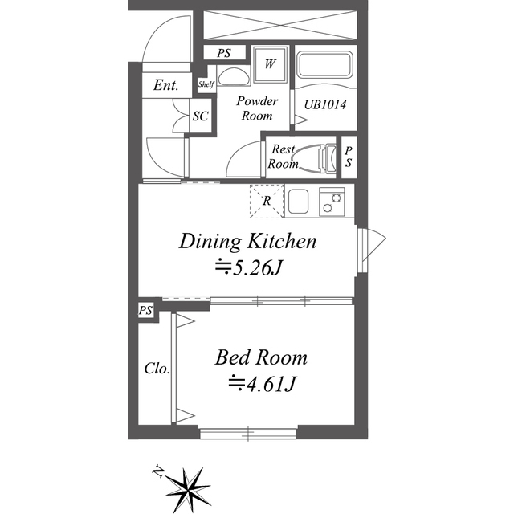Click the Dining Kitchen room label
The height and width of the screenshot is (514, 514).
248,242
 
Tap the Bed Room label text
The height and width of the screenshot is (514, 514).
261,357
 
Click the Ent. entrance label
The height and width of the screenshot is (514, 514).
166,85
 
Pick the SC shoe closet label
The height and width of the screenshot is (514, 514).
200,116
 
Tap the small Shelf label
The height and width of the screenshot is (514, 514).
206,84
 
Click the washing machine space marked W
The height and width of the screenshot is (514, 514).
270,64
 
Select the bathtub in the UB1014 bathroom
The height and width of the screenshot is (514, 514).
324,65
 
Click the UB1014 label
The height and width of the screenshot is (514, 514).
324,105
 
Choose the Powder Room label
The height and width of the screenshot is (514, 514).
257,108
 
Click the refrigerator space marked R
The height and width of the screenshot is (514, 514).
267,201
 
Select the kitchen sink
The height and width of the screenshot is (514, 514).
298,202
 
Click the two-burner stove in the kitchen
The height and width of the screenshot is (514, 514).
332,202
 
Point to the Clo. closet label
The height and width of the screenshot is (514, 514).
157,369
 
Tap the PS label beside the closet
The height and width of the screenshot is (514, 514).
145,310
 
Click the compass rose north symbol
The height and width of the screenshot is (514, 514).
188,490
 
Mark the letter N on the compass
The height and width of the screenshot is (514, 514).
158,471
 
